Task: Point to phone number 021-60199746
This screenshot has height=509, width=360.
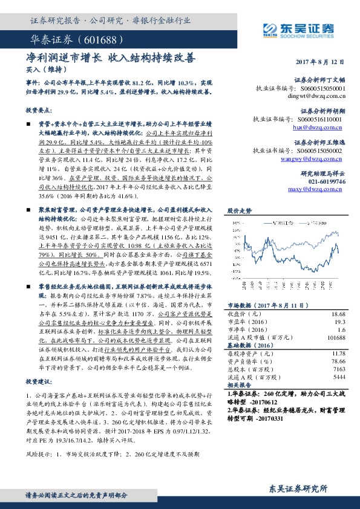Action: (x=324, y=181)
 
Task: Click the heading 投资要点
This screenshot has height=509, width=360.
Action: (x=39, y=111)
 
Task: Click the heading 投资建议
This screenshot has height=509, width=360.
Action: (x=39, y=382)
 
